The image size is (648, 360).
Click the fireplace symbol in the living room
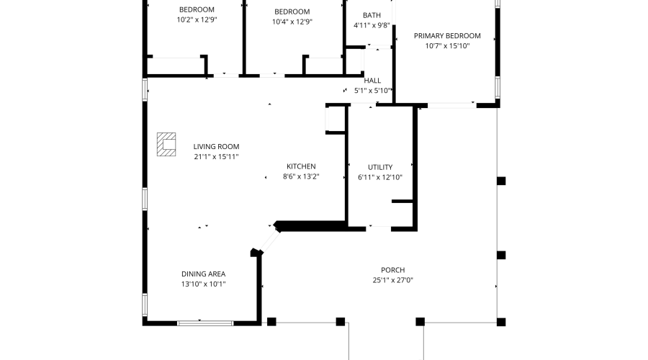(x=167, y=144)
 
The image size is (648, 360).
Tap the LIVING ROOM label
(x=216, y=146)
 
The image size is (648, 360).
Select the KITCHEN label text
(x=301, y=166)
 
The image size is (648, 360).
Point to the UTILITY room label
(x=380, y=167)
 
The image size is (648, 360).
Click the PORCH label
(x=392, y=271)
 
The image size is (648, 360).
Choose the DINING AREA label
(x=203, y=274)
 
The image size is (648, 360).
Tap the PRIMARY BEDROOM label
(x=446, y=35)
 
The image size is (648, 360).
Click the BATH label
(x=372, y=15)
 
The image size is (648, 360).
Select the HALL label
(x=372, y=81)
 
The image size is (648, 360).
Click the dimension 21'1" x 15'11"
(x=216, y=156)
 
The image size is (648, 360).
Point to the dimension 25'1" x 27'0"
(x=392, y=281)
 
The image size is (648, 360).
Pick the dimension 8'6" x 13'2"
(x=301, y=176)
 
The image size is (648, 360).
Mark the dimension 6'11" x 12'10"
(x=380, y=177)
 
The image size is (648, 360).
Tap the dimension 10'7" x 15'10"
(x=446, y=45)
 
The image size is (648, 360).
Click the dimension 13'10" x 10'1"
(x=203, y=284)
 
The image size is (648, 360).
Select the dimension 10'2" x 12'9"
(x=197, y=20)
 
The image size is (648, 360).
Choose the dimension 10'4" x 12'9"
(x=292, y=22)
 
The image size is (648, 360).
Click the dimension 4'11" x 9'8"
(x=372, y=25)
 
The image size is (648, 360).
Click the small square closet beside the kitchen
(x=336, y=119)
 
